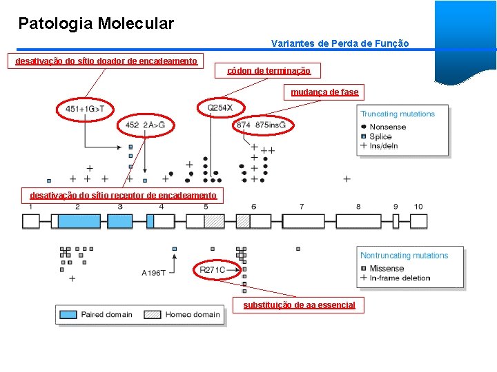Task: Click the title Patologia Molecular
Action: click(x=96, y=24)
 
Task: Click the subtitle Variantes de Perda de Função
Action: click(x=340, y=43)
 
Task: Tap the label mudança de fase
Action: click(x=324, y=92)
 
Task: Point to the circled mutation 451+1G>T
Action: click(x=85, y=109)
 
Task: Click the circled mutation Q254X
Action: click(x=225, y=107)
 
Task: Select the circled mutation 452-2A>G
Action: click(x=146, y=125)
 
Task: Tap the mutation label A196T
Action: click(x=153, y=273)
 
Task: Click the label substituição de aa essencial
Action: click(x=299, y=304)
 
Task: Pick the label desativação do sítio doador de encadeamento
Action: click(x=106, y=61)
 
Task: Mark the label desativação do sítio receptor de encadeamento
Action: click(x=123, y=195)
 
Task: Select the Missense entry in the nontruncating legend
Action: click(x=387, y=268)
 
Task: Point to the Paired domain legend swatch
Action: click(x=68, y=315)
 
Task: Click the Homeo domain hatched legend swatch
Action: click(x=153, y=315)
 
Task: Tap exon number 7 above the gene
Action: click(x=302, y=207)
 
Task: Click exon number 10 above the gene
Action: click(x=418, y=207)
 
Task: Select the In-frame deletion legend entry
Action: click(x=400, y=278)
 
